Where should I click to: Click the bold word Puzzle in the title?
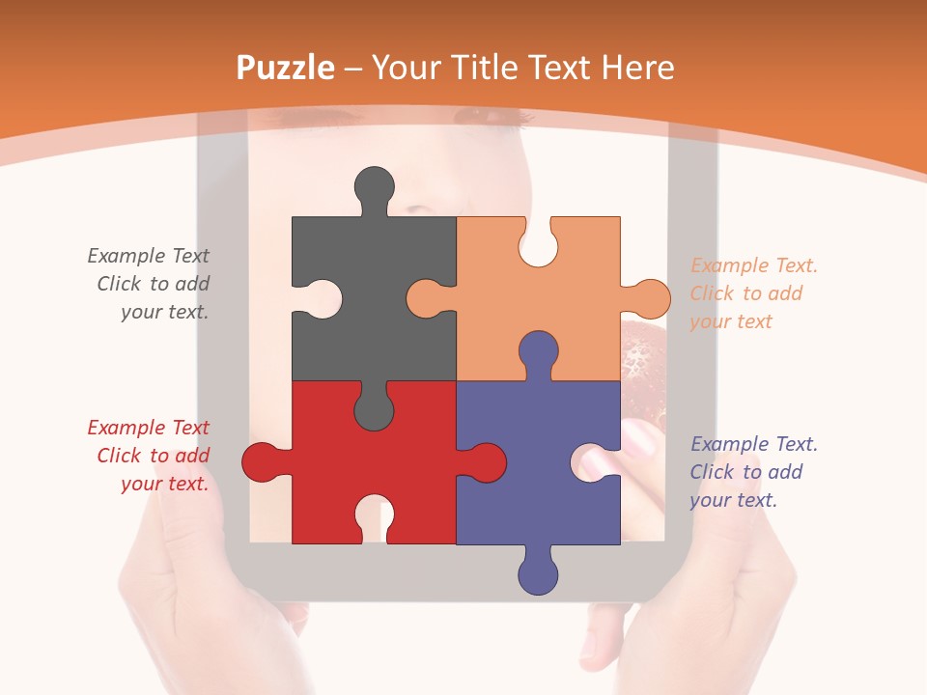(x=286, y=68)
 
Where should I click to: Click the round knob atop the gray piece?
(x=374, y=186)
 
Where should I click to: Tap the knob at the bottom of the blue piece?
(x=538, y=574)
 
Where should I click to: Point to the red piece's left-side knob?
(x=261, y=461)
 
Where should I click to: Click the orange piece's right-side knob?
(x=650, y=298)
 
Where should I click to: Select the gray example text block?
(x=151, y=284)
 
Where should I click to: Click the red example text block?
(x=151, y=456)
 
